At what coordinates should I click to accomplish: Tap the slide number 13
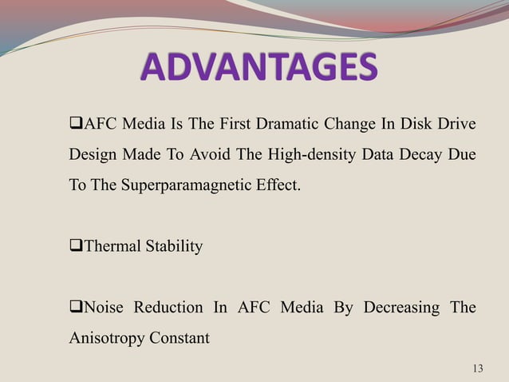coord(478,368)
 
